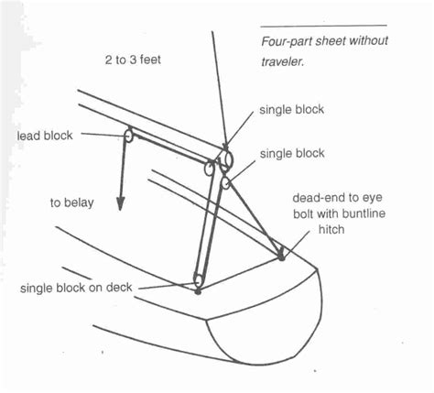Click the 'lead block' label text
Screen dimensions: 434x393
click(45, 136)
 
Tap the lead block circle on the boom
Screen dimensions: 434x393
click(129, 136)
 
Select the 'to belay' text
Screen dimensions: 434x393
click(72, 203)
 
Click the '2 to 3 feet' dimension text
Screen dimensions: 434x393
click(133, 60)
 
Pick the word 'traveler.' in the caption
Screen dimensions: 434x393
click(283, 62)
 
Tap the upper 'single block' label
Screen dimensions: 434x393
click(291, 110)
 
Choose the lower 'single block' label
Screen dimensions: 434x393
click(292, 153)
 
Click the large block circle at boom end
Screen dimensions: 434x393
click(227, 159)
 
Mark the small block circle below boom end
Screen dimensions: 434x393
click(226, 183)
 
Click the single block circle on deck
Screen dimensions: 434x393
click(198, 280)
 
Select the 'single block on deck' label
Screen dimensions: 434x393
click(76, 288)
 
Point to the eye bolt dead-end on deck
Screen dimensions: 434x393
click(281, 256)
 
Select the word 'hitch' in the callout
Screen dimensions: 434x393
click(331, 229)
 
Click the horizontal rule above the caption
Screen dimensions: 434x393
click(323, 27)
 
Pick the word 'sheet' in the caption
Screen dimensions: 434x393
click(331, 41)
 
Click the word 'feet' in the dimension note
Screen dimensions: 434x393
click(150, 60)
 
